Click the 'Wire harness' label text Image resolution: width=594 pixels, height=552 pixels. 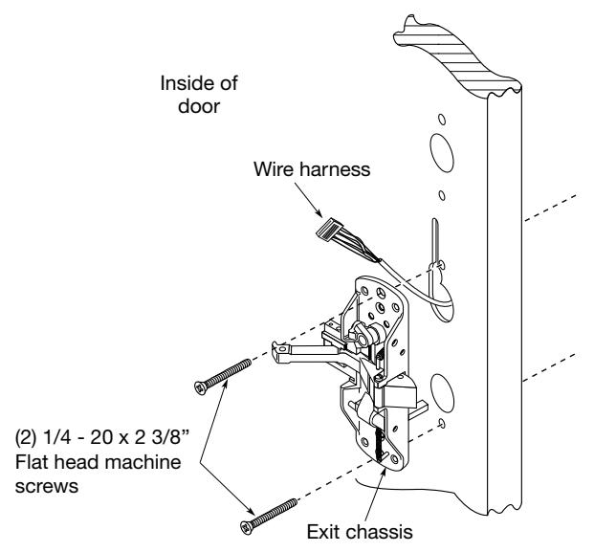pyautogui.click(x=312, y=169)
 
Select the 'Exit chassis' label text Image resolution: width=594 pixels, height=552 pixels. pyautogui.click(x=360, y=532)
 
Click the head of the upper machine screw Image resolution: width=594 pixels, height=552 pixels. pyautogui.click(x=201, y=387)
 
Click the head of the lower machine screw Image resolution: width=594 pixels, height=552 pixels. pyautogui.click(x=247, y=527)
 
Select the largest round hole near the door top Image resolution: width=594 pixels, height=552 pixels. pyautogui.click(x=442, y=153)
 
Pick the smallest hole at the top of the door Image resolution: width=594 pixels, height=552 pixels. pyautogui.click(x=442, y=119)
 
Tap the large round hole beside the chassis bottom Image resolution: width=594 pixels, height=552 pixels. pyautogui.click(x=442, y=394)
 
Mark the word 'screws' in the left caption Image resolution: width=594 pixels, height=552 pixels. pyautogui.click(x=47, y=486)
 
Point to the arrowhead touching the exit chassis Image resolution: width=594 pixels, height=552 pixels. pyautogui.click(x=384, y=473)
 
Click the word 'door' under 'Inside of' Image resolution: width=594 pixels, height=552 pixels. pyautogui.click(x=199, y=106)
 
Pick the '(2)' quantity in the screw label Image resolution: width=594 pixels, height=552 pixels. pyautogui.click(x=26, y=439)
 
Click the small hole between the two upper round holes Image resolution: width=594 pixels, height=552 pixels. pyautogui.click(x=442, y=195)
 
